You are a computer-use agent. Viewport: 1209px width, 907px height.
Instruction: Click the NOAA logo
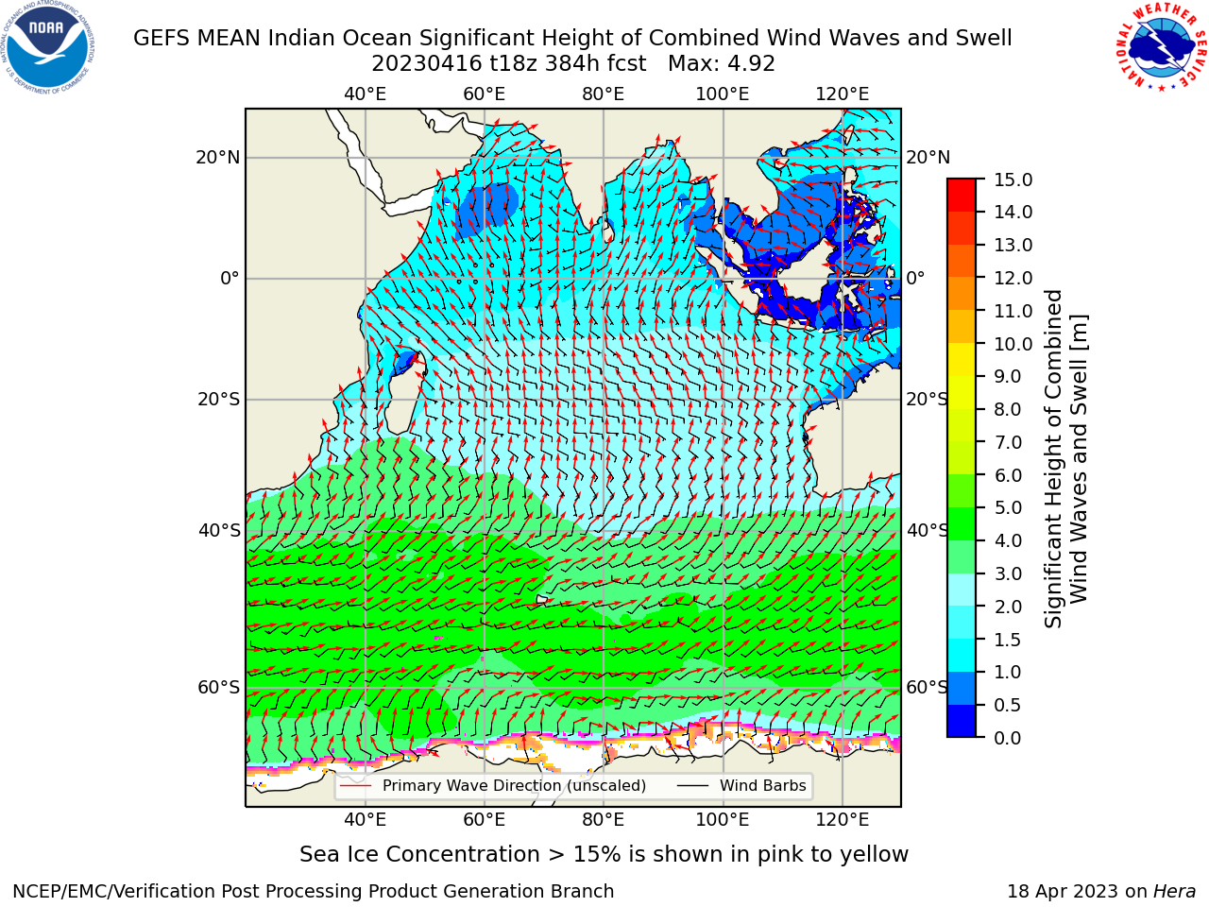(47, 48)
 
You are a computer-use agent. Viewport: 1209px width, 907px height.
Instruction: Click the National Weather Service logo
(1161, 47)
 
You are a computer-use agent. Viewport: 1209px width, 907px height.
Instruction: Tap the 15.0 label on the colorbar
(1013, 180)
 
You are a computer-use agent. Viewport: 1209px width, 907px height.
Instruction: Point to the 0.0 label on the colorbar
(1008, 738)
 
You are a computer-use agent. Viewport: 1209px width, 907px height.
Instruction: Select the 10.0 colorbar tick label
(1013, 344)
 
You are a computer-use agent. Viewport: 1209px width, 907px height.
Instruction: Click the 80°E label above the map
(604, 94)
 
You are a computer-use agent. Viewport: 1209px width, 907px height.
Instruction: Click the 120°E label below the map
(843, 819)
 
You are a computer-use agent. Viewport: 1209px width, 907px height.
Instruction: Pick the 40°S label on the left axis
(219, 530)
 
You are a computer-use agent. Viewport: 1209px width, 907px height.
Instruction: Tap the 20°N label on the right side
(928, 158)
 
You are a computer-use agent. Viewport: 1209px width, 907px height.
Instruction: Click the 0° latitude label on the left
(230, 278)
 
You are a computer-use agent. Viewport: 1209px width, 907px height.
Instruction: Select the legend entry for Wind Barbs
(741, 785)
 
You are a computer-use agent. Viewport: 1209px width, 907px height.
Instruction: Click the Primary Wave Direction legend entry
(493, 785)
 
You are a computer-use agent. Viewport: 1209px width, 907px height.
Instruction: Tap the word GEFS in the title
(162, 38)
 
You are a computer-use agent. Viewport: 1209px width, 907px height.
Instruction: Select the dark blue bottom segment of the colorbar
(962, 721)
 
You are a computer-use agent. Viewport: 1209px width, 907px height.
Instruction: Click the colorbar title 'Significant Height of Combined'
(1053, 459)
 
